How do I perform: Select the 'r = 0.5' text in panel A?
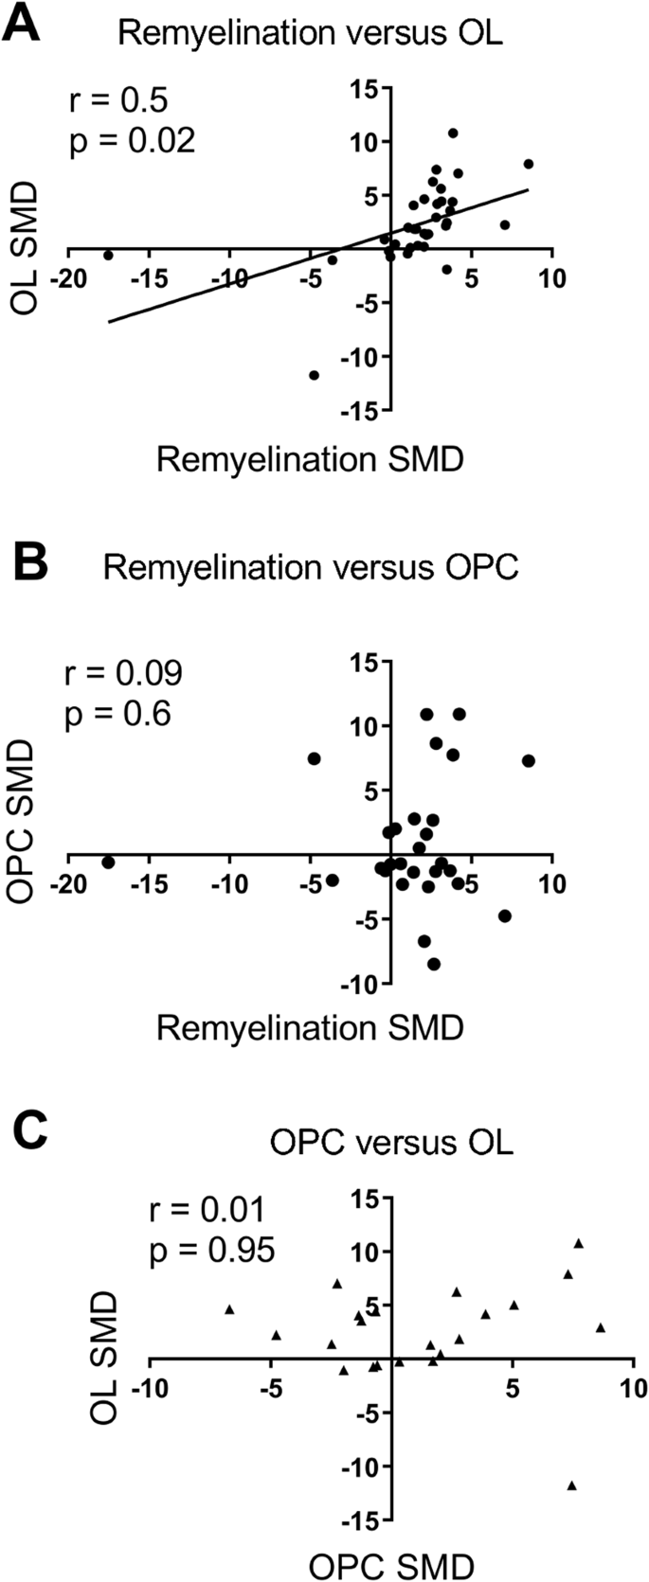(117, 101)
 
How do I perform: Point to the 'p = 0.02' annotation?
(133, 140)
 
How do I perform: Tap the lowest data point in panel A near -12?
(314, 375)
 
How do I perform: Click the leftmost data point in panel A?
(108, 255)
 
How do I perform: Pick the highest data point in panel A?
(453, 133)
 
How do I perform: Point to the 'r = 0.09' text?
(123, 673)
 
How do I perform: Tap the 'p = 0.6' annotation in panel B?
(117, 713)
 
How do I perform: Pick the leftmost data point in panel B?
(108, 862)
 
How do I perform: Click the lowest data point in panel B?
(434, 964)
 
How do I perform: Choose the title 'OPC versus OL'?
(391, 1142)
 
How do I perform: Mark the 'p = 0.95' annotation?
(212, 1250)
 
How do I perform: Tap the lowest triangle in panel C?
(571, 1485)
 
